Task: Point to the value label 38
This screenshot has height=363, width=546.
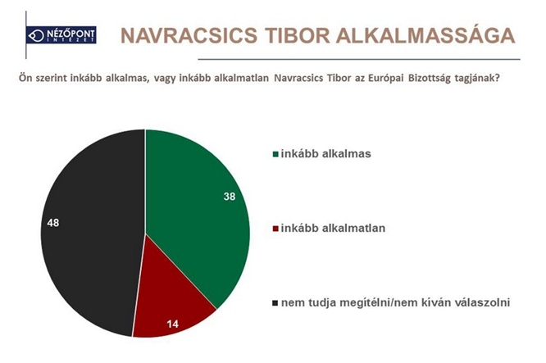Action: pyautogui.click(x=230, y=197)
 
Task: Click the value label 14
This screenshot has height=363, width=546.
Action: pyautogui.click(x=172, y=324)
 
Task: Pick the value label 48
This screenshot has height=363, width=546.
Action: pyautogui.click(x=53, y=223)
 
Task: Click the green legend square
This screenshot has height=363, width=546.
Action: pyautogui.click(x=275, y=154)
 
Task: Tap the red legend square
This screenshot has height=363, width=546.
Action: pyautogui.click(x=275, y=229)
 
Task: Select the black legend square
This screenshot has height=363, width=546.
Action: pyautogui.click(x=275, y=303)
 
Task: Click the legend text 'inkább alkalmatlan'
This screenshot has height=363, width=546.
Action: pyautogui.click(x=333, y=229)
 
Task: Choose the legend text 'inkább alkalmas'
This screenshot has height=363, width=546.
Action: pyautogui.click(x=326, y=154)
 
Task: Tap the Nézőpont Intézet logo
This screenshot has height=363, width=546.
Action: pyautogui.click(x=61, y=35)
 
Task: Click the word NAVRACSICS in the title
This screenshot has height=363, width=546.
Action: pyautogui.click(x=189, y=35)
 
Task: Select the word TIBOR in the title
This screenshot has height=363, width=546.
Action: pyautogui.click(x=296, y=35)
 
